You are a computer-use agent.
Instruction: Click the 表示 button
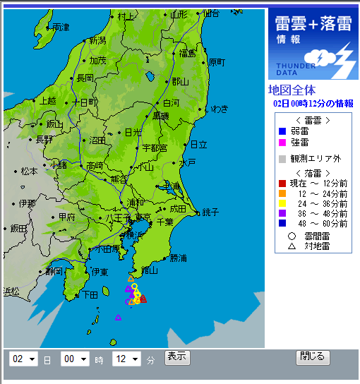[177, 356]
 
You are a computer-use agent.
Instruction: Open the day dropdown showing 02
[23, 359]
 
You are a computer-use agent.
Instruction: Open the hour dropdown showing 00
[75, 359]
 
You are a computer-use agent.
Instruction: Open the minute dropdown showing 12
[126, 359]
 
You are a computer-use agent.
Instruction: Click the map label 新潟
[97, 40]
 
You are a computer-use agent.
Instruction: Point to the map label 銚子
[210, 211]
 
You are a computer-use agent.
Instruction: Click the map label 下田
[90, 294]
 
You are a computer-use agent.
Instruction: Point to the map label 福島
[187, 53]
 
